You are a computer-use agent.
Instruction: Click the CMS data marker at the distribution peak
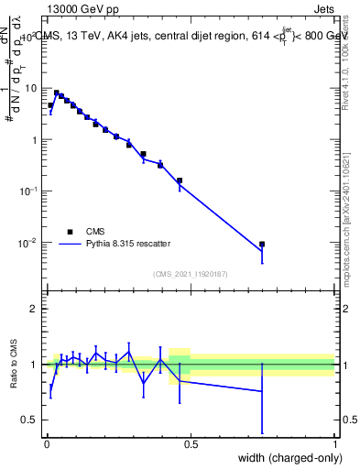click(x=56, y=93)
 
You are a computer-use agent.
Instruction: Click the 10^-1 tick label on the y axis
click(x=30, y=191)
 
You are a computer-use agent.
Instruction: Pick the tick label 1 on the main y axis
click(x=35, y=140)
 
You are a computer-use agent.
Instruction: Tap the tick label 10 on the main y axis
click(x=32, y=89)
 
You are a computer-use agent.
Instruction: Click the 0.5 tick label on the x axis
click(x=191, y=444)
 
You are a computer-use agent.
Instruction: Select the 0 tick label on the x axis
click(x=47, y=444)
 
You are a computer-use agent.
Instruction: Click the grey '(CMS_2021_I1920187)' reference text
click(x=191, y=274)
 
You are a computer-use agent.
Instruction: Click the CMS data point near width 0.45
click(x=179, y=180)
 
